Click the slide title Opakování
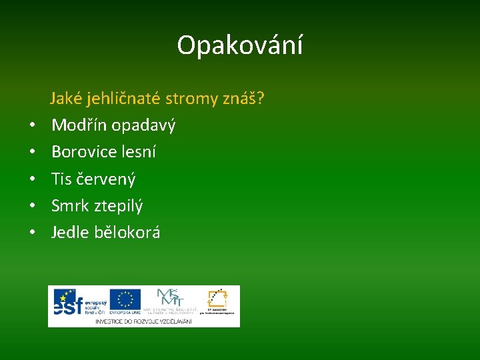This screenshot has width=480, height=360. pos(240,45)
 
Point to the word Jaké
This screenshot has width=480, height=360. pos(65,99)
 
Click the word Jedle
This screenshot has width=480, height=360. pos(70,233)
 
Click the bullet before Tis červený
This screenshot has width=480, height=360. pos(31,179)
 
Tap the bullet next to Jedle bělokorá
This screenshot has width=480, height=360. pos(31,233)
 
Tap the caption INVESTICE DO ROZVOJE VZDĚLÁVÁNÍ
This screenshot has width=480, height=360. pos(143,321)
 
